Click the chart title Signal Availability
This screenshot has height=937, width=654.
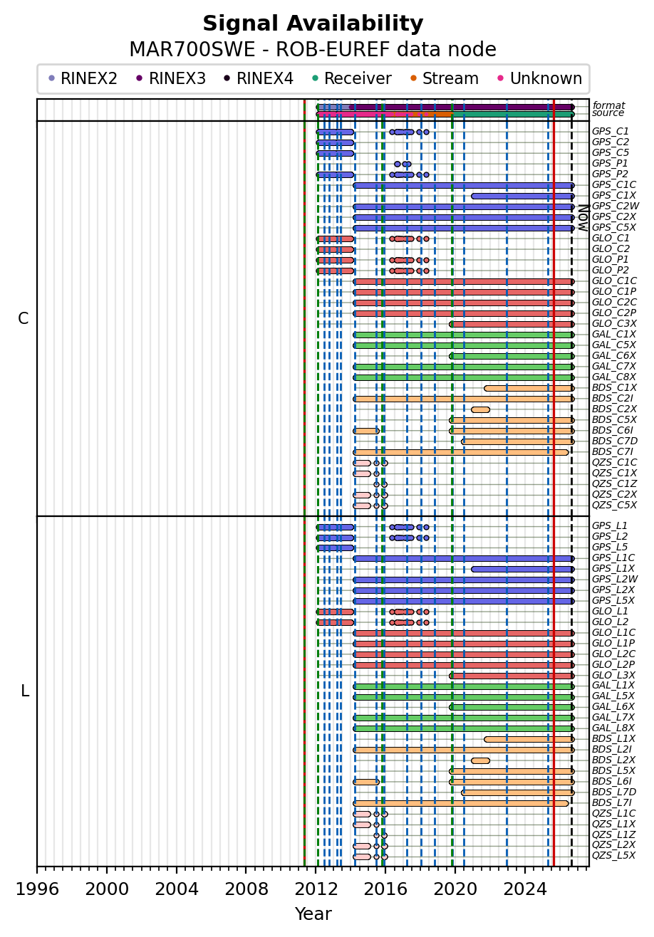(x=313, y=23)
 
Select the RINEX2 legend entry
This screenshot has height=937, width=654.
(x=83, y=78)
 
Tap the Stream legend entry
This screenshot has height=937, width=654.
(x=445, y=78)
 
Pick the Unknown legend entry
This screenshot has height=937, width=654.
(x=540, y=78)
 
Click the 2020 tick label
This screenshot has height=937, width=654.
(x=455, y=889)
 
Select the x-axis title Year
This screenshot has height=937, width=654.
(x=313, y=914)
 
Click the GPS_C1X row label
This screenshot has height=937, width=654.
(x=614, y=195)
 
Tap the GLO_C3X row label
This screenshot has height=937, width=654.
(x=614, y=323)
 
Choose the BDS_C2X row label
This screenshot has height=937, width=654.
(x=614, y=409)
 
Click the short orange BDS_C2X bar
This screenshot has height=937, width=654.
(x=480, y=409)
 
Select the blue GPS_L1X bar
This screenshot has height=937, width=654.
(x=523, y=570)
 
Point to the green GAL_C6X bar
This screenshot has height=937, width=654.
(x=512, y=356)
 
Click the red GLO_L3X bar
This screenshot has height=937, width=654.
(x=512, y=676)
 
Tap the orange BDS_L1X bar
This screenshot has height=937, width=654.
(x=529, y=740)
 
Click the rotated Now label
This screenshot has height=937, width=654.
(x=583, y=218)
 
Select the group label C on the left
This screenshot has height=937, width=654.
(x=24, y=319)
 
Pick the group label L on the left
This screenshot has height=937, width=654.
(x=25, y=691)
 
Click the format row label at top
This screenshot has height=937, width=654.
(x=609, y=105)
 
